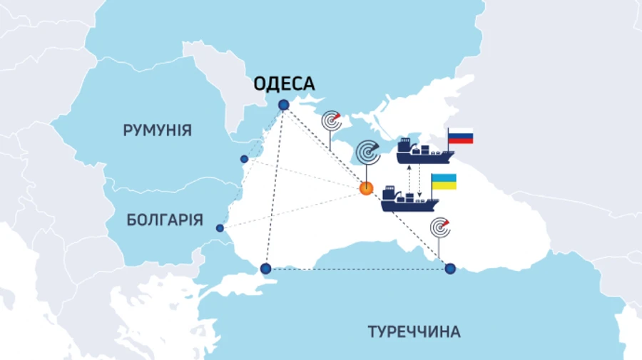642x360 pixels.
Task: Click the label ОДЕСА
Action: (285, 85)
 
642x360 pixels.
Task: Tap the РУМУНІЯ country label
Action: (157, 130)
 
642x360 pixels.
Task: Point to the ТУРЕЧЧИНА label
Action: (414, 331)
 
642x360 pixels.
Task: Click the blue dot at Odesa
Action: (284, 105)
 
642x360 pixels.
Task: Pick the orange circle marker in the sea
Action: (366, 189)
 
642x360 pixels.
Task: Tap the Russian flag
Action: (461, 137)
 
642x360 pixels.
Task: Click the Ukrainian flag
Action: (443, 182)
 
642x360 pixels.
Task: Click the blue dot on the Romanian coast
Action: (244, 159)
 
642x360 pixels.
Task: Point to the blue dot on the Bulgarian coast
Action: (220, 228)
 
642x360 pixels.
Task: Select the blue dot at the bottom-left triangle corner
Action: (265, 269)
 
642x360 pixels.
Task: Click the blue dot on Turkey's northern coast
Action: (450, 269)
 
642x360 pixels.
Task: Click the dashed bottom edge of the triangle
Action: (357, 269)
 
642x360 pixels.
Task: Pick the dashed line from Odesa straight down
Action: (275, 185)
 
